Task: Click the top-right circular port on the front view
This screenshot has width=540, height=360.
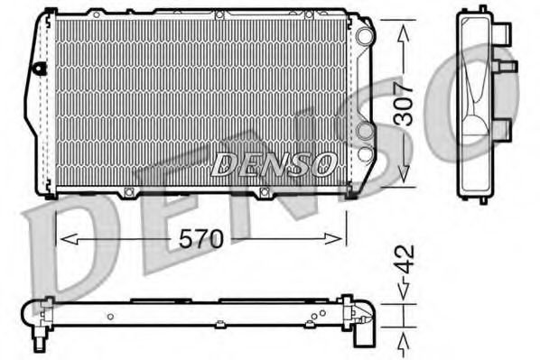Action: tap(364, 37)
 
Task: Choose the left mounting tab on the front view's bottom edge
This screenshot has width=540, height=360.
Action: tap(129, 191)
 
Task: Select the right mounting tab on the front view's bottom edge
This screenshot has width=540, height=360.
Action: tap(265, 191)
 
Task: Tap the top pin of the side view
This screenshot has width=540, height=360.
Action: tap(482, 9)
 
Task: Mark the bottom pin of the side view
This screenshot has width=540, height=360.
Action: tap(483, 198)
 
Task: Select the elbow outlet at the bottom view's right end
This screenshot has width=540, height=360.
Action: tap(362, 325)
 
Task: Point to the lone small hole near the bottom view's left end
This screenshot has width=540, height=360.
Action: tap(109, 316)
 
